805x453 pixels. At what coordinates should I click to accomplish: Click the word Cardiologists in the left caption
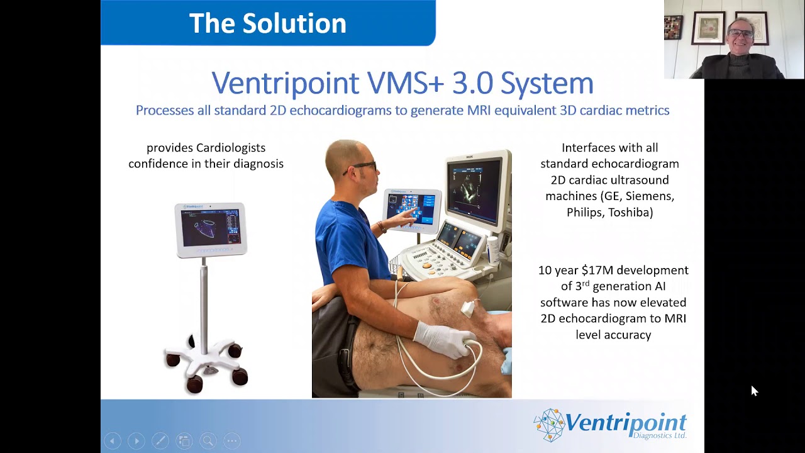tap(231, 148)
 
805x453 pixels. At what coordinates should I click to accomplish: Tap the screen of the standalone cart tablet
tap(210, 228)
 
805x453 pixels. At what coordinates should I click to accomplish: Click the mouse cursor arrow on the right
tap(754, 391)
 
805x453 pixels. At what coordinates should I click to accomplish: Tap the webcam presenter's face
tap(741, 36)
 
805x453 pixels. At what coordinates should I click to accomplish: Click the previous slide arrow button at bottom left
tap(112, 441)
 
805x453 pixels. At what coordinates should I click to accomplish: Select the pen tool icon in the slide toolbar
tap(160, 441)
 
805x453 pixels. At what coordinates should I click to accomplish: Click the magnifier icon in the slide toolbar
tap(208, 441)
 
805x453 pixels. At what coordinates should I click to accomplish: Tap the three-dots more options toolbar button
tap(231, 441)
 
